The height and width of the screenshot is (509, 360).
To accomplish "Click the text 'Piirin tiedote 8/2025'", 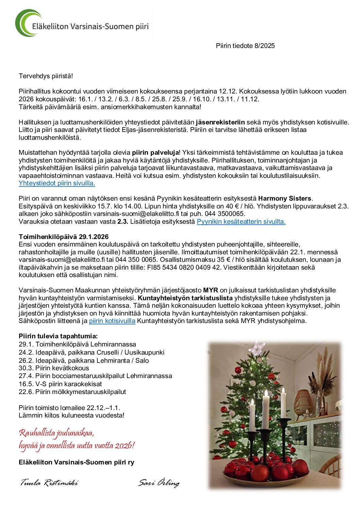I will click(x=245, y=46).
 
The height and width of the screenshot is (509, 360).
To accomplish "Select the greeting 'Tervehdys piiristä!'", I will click(x=46, y=76).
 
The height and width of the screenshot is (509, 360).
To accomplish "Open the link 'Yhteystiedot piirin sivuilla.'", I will click(x=57, y=183).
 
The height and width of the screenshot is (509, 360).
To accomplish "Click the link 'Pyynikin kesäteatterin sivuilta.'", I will click(x=241, y=221).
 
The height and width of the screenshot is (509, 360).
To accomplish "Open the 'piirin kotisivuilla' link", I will click(x=112, y=321).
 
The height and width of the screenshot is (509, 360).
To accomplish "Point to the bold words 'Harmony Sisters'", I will click(x=285, y=198).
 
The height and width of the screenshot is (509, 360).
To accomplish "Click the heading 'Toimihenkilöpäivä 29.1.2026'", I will click(x=64, y=237).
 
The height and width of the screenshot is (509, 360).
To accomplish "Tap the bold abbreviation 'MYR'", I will click(x=210, y=290).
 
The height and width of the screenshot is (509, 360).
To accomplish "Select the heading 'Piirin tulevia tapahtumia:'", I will click(x=58, y=336).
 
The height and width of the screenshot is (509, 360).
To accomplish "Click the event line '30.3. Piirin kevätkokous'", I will click(x=54, y=368).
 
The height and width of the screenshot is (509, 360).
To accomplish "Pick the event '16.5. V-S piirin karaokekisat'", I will click(x=60, y=384).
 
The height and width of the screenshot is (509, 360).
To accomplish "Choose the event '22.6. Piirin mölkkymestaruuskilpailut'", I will click(x=72, y=392).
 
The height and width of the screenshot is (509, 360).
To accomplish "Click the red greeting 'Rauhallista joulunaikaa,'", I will click(x=56, y=433).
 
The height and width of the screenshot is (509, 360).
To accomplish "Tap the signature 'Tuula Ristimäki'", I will click(x=49, y=482).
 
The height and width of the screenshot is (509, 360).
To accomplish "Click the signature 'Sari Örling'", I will click(x=159, y=482).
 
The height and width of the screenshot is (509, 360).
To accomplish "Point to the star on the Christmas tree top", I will click(x=257, y=349).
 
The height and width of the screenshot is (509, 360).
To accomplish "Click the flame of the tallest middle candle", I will click(x=265, y=394).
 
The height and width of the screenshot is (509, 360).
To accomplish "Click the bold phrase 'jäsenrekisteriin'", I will click(x=220, y=122).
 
